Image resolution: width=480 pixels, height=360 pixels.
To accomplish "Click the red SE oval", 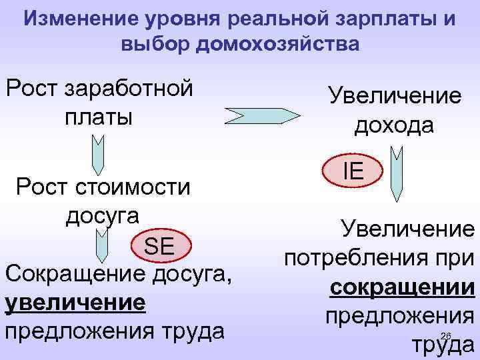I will tap(159, 247).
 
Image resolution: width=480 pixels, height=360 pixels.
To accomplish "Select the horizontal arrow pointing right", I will tap(263, 115).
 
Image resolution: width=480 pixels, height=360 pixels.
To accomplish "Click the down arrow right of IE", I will tap(397, 174).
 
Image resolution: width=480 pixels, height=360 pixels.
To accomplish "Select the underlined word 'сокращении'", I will tap(402, 288).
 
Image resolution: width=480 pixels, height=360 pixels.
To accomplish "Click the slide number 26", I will tap(447, 335).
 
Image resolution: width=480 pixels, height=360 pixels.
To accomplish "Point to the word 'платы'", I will tap(98, 116).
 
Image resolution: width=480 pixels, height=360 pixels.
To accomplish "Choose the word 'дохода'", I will tap(393, 125).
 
